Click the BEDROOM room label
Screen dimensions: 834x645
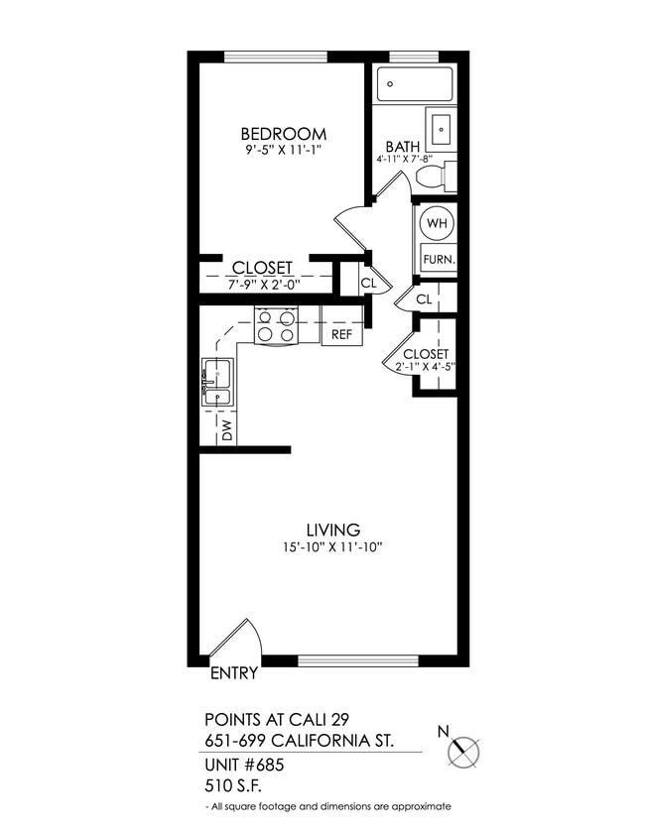284,134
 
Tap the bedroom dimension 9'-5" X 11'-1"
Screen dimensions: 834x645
284,151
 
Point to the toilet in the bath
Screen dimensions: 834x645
435,178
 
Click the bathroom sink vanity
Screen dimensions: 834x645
442,128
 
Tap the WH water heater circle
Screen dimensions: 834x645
436,223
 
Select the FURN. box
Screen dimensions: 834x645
438,259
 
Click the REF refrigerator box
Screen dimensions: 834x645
341,334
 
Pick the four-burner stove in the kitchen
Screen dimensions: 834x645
277,326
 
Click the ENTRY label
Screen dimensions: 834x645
235,673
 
